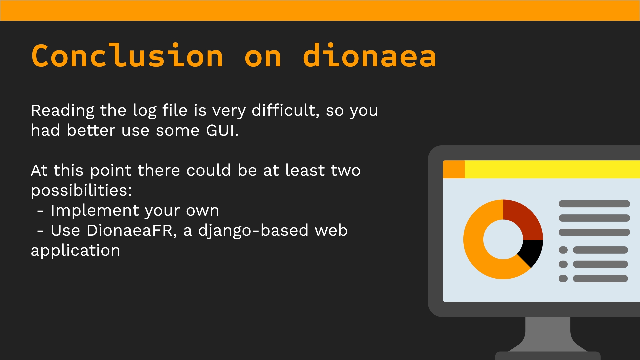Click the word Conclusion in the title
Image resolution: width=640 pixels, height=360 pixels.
127,56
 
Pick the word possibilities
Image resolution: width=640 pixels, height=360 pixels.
81,191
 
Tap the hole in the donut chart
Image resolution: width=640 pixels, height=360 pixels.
503,239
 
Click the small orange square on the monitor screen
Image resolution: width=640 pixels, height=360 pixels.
454,169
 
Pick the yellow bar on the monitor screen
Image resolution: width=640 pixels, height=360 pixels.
552,169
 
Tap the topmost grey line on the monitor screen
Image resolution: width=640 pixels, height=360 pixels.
594,204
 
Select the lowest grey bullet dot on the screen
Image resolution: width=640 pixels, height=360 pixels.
563,278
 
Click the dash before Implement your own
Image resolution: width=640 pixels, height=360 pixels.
40,211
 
